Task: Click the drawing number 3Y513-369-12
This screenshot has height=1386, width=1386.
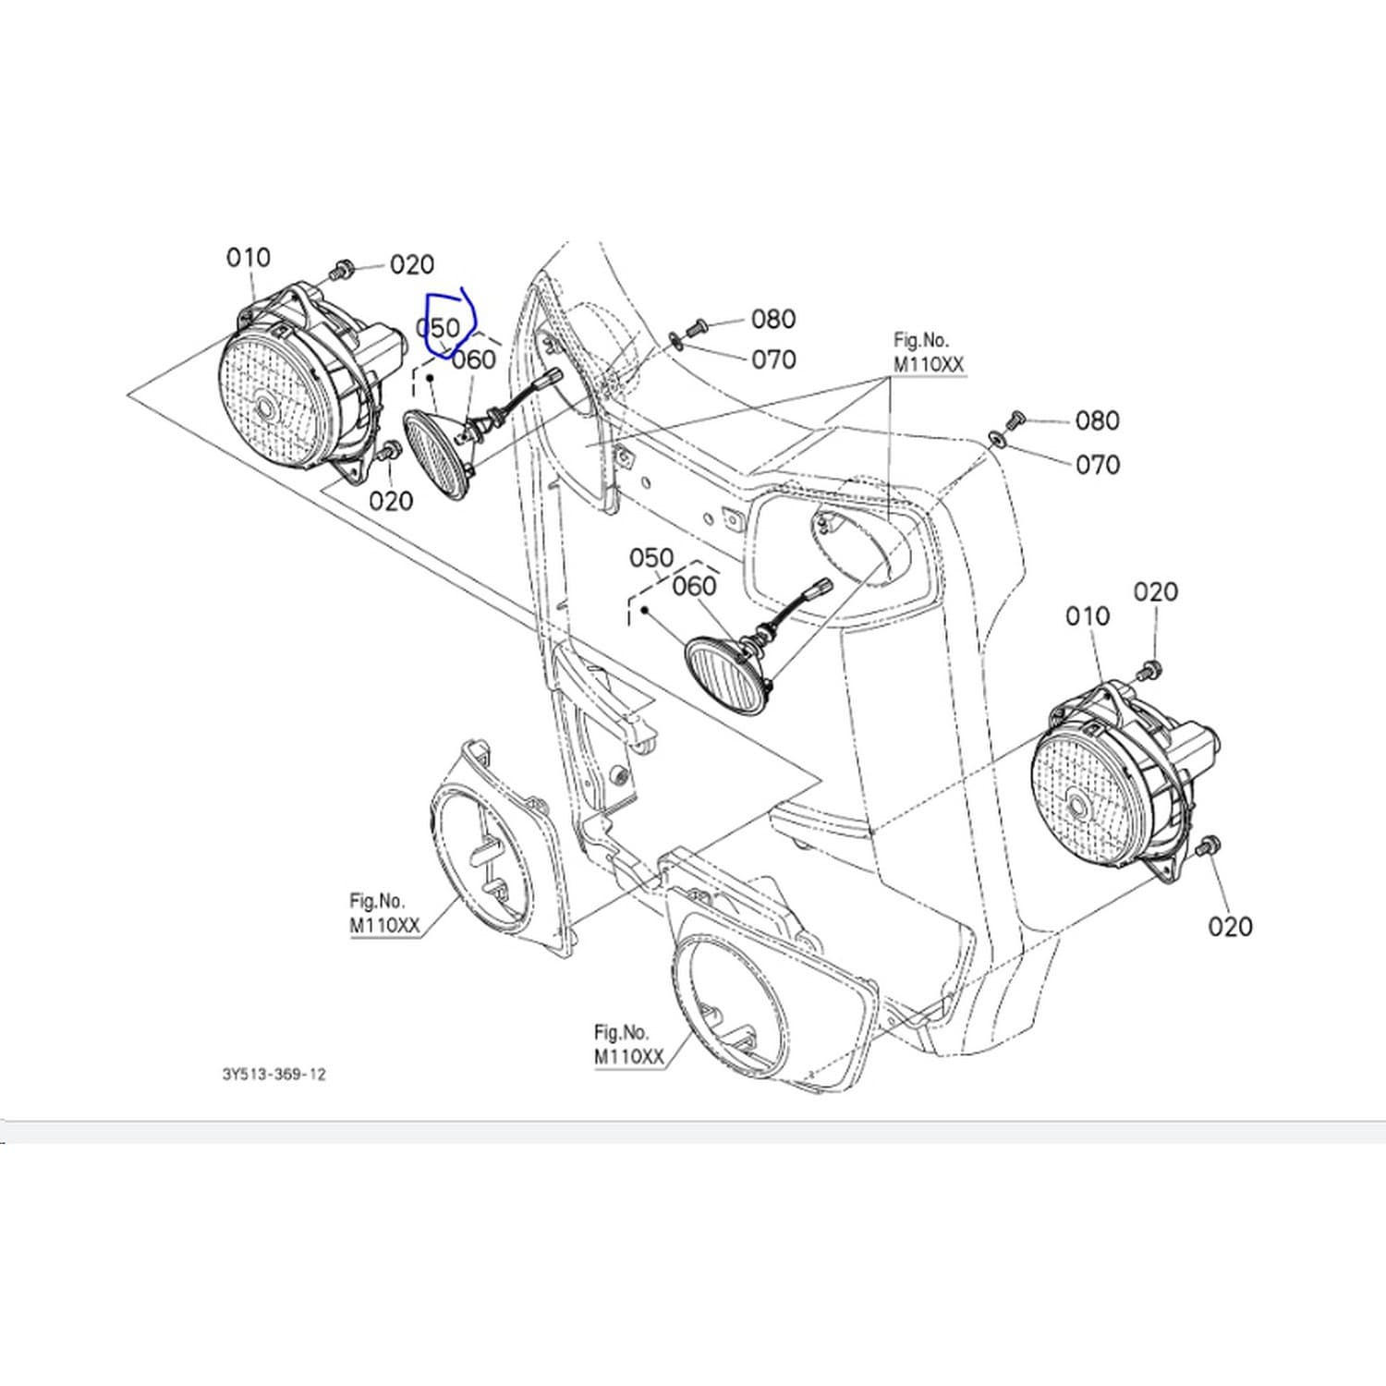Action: [x=274, y=1075]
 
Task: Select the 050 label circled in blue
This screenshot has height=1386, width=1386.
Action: [x=438, y=328]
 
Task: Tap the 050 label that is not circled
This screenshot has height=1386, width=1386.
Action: [x=651, y=558]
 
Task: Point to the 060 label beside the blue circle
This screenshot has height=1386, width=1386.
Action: [x=474, y=359]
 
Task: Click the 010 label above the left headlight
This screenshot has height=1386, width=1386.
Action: [x=249, y=257]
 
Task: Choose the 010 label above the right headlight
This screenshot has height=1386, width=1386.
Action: [x=1088, y=615]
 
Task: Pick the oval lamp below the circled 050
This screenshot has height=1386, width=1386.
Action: [x=439, y=456]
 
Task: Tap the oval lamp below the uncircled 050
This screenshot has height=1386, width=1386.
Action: [x=728, y=673]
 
